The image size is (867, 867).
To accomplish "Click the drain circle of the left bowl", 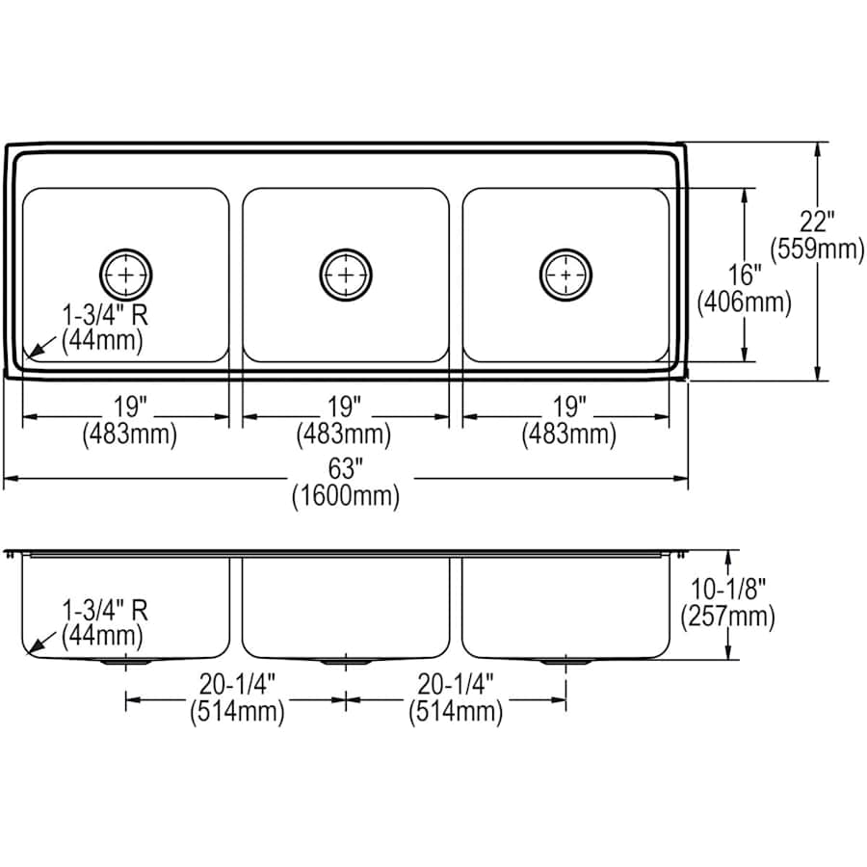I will [x=126, y=275].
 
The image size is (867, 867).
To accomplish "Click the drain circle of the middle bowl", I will [x=346, y=275].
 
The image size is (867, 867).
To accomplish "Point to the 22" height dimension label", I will [x=818, y=223].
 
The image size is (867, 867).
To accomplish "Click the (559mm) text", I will [x=818, y=249].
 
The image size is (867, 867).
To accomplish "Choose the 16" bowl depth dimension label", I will [x=744, y=277].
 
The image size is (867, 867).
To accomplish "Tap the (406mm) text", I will [x=744, y=302].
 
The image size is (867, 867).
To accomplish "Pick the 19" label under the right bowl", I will [x=567, y=407].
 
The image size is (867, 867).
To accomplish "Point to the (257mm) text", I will [x=728, y=617].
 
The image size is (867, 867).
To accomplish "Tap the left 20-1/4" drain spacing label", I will [x=238, y=686].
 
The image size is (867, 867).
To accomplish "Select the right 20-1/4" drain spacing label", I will [x=456, y=686].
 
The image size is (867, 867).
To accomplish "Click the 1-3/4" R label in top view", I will [x=106, y=315].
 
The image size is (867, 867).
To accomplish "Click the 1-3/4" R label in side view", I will [x=106, y=610].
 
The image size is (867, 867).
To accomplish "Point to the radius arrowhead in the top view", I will [x=32, y=354].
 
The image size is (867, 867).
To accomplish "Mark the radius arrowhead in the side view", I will [x=32, y=648].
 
